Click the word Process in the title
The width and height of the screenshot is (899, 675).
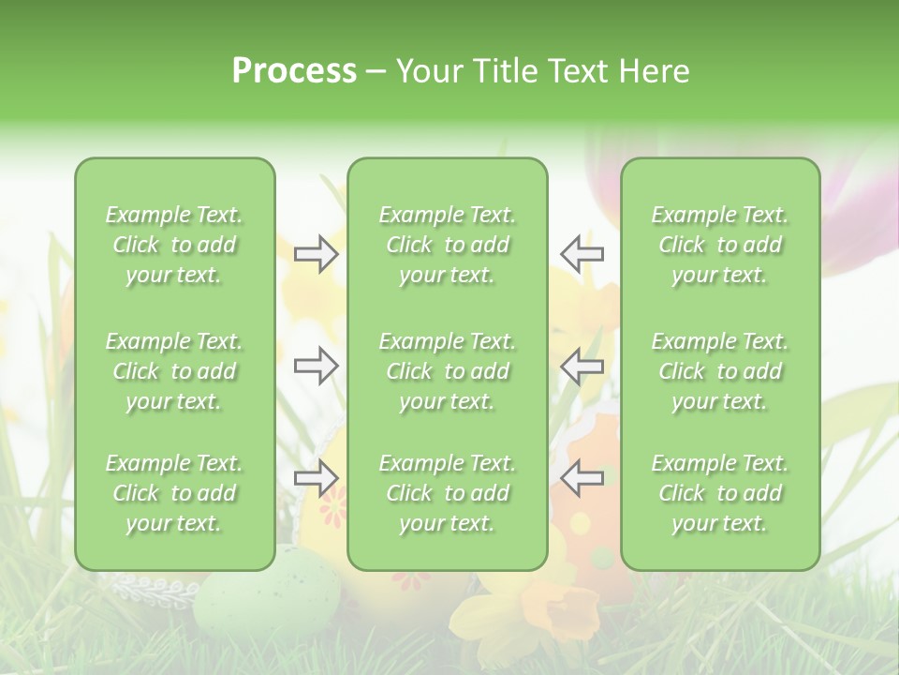tap(294, 71)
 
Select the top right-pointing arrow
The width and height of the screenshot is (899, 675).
tap(316, 254)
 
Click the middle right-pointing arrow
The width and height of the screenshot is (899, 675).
tap(316, 366)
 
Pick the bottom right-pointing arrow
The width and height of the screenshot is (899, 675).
tap(316, 478)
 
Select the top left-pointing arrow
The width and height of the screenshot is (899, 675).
tap(582, 254)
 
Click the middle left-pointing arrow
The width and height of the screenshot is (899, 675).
tap(582, 366)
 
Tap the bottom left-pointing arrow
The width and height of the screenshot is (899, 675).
tap(582, 478)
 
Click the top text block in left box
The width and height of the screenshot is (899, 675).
tap(174, 245)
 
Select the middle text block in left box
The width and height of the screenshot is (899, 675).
tap(174, 371)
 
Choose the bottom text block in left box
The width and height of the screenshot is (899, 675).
tap(174, 493)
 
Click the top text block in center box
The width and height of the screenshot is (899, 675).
tap(448, 245)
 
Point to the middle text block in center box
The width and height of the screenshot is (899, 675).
tap(448, 371)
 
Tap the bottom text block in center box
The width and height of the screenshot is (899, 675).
tap(448, 493)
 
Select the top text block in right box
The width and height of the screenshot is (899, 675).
tap(720, 245)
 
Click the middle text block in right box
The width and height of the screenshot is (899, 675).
tap(720, 371)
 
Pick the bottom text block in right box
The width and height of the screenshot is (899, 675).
tap(720, 493)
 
